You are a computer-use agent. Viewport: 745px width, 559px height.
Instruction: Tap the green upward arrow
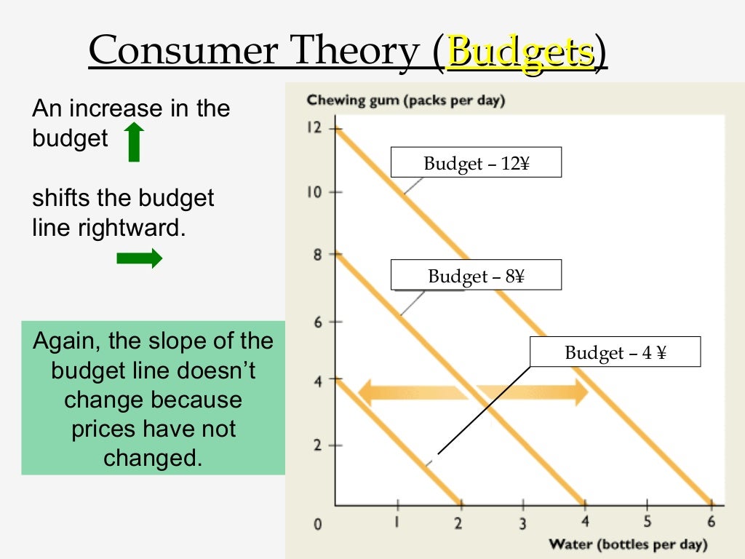coord(134,142)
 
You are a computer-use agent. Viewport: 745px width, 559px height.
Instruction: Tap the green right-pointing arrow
coord(139,258)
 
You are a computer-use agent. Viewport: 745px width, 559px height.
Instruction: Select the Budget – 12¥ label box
coord(476,163)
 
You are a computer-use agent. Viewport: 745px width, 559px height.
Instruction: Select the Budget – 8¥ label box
coord(476,276)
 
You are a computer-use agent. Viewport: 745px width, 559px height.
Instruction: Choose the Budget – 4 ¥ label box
coord(615,353)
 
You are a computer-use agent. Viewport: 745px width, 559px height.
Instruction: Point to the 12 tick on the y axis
coord(314,128)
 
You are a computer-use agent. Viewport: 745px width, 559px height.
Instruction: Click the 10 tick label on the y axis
coord(314,192)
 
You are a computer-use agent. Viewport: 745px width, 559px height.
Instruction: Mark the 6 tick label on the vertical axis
coord(317,322)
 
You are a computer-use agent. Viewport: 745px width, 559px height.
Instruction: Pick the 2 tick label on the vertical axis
coord(317,445)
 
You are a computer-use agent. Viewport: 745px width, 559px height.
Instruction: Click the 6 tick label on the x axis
coord(711,522)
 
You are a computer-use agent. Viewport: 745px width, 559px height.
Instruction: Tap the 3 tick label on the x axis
coord(522,523)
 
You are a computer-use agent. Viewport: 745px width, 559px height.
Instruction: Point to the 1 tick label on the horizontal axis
coord(397,522)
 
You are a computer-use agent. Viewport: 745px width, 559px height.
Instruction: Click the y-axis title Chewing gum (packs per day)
coord(405,100)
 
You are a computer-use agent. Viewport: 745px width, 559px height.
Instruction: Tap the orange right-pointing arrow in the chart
coord(535,392)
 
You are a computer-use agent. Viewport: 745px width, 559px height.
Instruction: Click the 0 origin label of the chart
coord(317,524)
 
